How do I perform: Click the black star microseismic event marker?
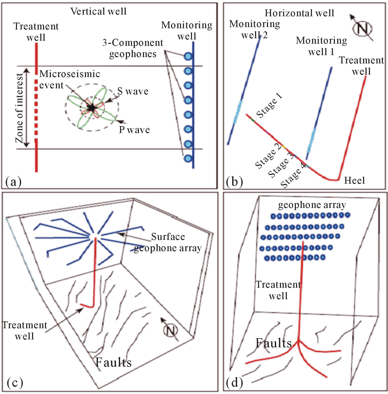click(x=91, y=108)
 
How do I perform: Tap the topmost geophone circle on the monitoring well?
click(x=188, y=56)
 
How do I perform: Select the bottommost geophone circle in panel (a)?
click(x=188, y=159)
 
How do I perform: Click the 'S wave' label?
click(x=133, y=91)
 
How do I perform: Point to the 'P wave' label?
click(x=134, y=130)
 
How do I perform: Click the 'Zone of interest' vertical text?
click(x=19, y=108)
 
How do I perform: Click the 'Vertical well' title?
click(x=98, y=11)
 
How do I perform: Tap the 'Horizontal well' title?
click(x=299, y=13)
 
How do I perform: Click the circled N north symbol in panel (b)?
click(x=362, y=28)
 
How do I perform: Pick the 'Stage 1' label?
click(x=269, y=105)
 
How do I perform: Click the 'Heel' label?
click(x=354, y=180)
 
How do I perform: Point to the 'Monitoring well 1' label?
click(x=321, y=46)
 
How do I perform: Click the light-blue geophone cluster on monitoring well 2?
click(x=238, y=112)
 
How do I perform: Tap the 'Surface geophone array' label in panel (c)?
click(x=168, y=242)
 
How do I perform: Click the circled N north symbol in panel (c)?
click(x=170, y=330)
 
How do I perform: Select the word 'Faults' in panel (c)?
click(x=113, y=362)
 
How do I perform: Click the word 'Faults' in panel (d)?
click(x=273, y=343)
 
